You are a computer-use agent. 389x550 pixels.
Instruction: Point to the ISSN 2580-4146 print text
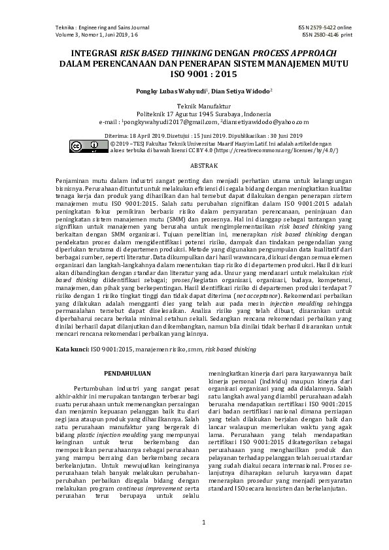pyautogui.click(x=324, y=35)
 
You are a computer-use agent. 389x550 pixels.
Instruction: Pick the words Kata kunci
pyautogui.click(x=71, y=350)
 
